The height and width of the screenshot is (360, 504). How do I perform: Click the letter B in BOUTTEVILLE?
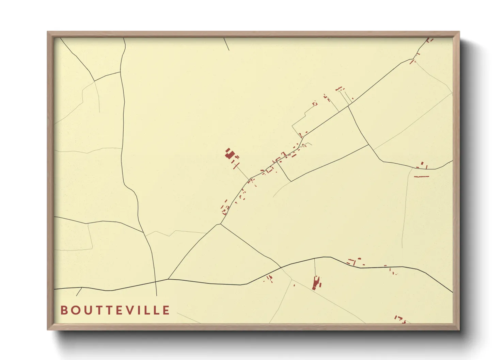point(64,310)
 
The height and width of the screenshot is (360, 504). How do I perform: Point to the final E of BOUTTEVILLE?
point(166,310)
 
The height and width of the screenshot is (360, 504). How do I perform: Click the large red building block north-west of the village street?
point(230,154)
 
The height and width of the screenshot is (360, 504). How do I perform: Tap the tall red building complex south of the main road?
point(316,283)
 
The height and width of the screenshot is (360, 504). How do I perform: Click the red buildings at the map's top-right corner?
point(430,40)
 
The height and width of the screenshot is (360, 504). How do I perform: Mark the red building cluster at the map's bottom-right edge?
point(400,319)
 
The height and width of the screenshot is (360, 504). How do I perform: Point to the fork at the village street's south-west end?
point(221,224)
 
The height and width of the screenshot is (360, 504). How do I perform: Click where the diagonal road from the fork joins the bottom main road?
point(169,279)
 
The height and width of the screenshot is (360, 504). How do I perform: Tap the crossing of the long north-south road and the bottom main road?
point(156,282)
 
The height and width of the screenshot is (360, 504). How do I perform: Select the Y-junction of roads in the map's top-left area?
point(94,81)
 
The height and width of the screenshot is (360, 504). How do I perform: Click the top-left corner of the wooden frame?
point(48,32)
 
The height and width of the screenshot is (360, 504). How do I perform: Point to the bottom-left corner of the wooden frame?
point(48,329)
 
